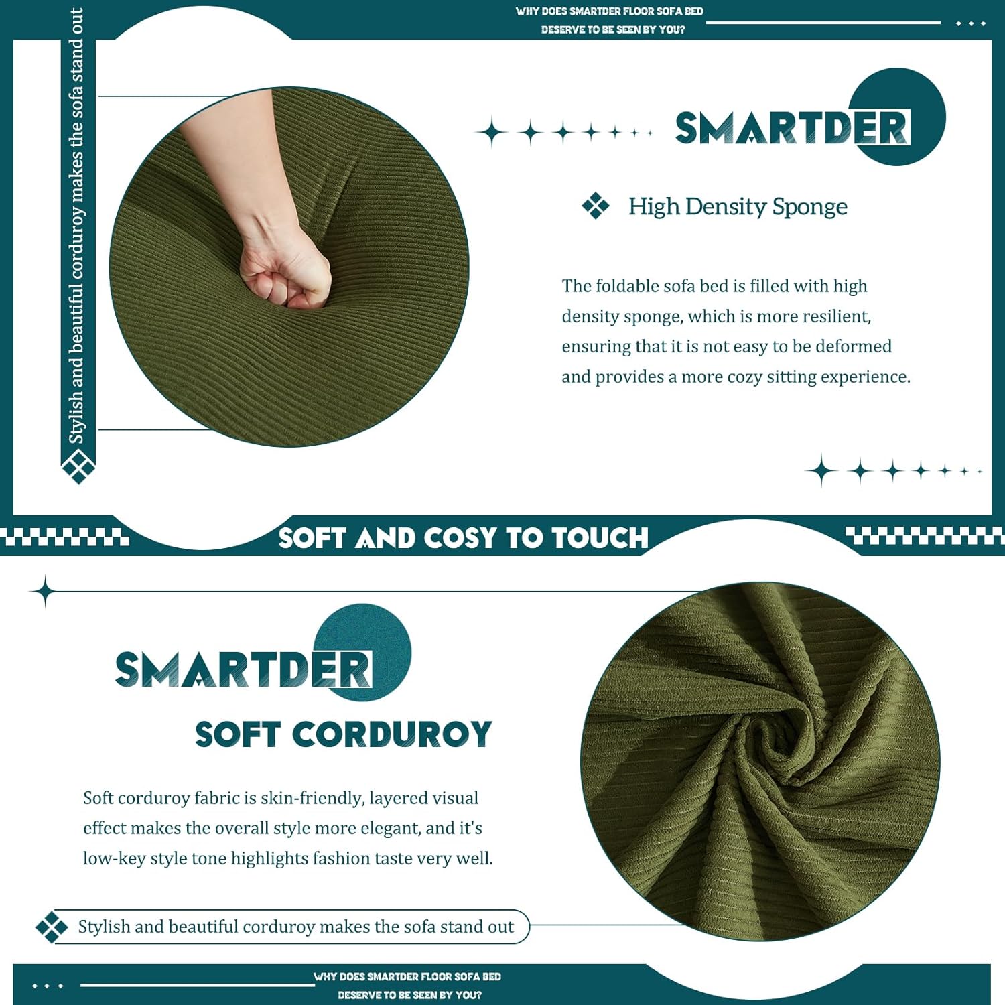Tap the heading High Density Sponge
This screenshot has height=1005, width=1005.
click(738, 206)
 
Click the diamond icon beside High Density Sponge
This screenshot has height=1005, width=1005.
click(596, 206)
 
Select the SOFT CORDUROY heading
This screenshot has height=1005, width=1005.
click(344, 734)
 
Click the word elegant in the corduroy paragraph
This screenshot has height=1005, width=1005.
click(391, 829)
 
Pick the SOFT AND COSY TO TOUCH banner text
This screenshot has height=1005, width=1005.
click(464, 538)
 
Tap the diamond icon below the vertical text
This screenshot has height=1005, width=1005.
click(78, 466)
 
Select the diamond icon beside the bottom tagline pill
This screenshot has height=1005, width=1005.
click(52, 927)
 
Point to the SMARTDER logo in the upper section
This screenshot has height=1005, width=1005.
click(793, 127)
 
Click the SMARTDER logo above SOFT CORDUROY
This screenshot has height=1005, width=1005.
click(243, 669)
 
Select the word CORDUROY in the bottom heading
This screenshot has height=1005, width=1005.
click(392, 734)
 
